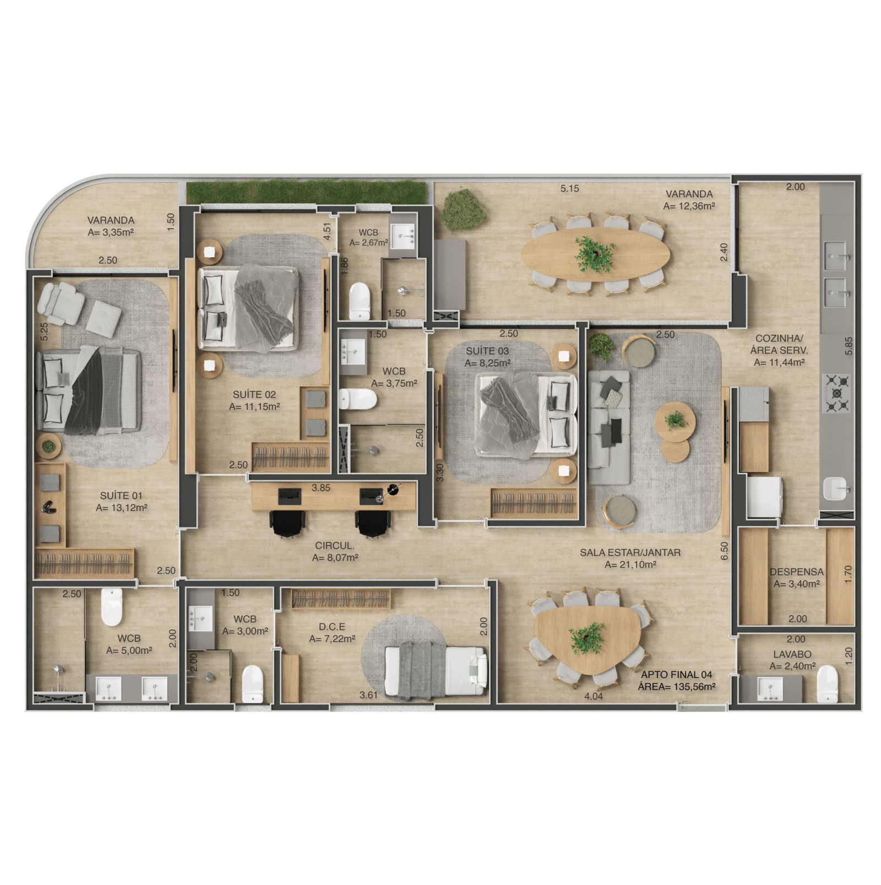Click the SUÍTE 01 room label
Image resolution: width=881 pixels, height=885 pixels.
pos(121,496)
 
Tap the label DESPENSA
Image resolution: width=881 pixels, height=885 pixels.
pos(797,572)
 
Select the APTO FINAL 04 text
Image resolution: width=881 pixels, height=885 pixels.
pos(677,674)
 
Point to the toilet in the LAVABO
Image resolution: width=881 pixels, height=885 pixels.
pos(827,683)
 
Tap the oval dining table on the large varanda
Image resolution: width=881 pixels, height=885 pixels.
pos(595,254)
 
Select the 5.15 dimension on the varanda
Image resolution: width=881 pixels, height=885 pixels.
pos(570,188)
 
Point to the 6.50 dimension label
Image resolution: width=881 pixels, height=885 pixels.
pos(724,551)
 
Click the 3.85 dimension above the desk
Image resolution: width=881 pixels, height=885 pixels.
pos(321,487)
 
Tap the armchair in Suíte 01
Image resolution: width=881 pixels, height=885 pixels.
pos(59,303)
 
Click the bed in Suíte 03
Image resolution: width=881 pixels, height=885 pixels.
pos(526,414)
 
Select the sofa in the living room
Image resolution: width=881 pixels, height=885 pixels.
pos(609,427)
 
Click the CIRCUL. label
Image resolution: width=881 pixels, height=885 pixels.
pos(335,545)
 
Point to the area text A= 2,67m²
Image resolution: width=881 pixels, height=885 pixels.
pos(368,242)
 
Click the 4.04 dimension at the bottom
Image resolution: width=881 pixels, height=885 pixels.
pos(594,696)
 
